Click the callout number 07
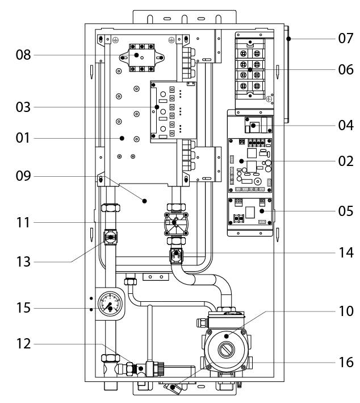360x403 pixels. (343, 39)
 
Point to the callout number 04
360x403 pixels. (343, 125)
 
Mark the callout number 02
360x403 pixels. (343, 161)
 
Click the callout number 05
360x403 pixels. (343, 211)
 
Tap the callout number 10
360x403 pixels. (343, 311)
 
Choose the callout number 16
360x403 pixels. (343, 361)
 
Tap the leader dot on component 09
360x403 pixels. (144, 201)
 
